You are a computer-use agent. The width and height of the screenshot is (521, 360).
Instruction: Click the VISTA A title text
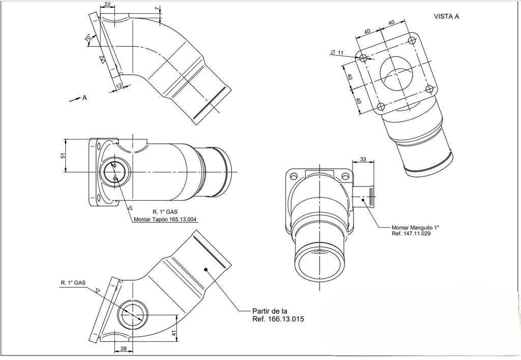(446, 16)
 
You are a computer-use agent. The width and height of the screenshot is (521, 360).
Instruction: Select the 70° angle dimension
(88, 38)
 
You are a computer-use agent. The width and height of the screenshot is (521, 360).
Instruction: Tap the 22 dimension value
(107, 5)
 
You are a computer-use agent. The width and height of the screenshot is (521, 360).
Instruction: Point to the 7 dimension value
(157, 9)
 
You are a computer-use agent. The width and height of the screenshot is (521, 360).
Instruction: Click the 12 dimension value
(120, 86)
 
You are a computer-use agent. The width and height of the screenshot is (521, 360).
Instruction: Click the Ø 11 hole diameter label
(337, 52)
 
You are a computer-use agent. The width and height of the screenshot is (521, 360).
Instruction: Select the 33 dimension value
(363, 159)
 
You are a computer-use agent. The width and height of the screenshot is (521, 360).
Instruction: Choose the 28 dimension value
(123, 348)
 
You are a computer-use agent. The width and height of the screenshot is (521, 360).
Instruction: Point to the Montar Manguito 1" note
(415, 228)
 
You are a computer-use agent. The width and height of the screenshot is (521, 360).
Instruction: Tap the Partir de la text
(270, 310)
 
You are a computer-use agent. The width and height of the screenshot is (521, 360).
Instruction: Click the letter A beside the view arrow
(84, 98)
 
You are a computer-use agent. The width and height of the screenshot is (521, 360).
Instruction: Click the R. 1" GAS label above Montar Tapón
(165, 211)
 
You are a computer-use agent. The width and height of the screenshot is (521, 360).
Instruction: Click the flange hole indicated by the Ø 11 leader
(363, 58)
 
